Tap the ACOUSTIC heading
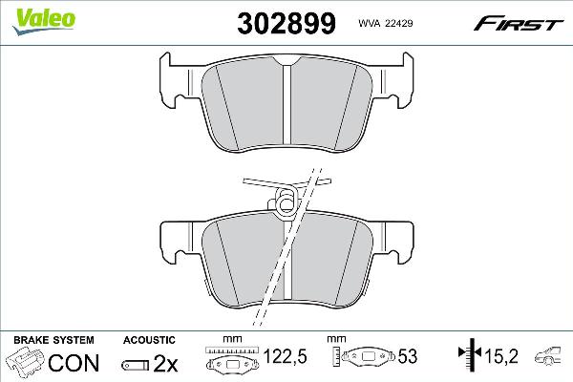[149, 340]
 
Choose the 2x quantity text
[166, 363]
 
